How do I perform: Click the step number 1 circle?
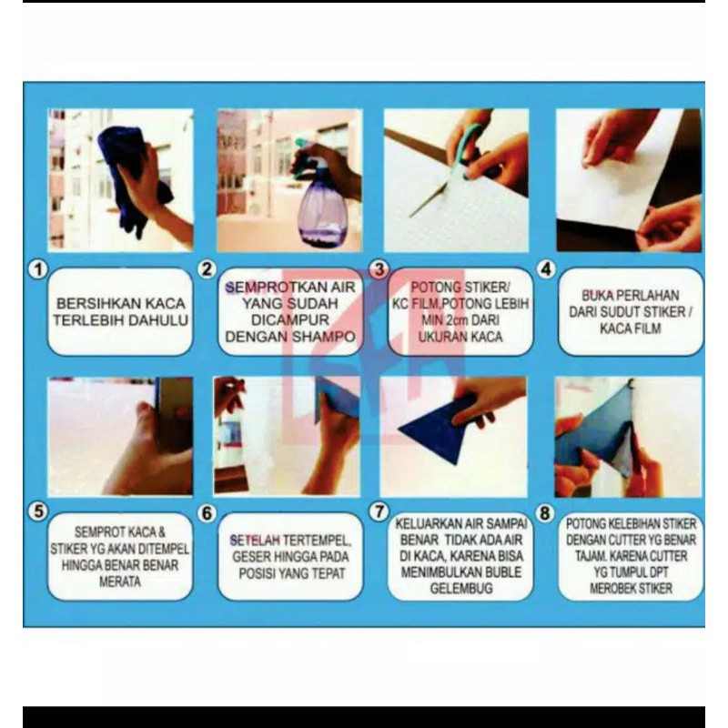point(38,269)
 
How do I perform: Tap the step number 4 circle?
point(547,268)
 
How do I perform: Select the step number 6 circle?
point(207,512)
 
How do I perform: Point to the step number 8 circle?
point(545,512)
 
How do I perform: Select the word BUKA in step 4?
point(597,295)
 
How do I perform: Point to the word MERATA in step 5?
point(120,581)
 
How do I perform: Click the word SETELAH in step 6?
point(255,540)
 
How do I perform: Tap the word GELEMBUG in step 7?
point(461,589)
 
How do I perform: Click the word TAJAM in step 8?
point(590,556)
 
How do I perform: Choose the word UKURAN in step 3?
point(438,337)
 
